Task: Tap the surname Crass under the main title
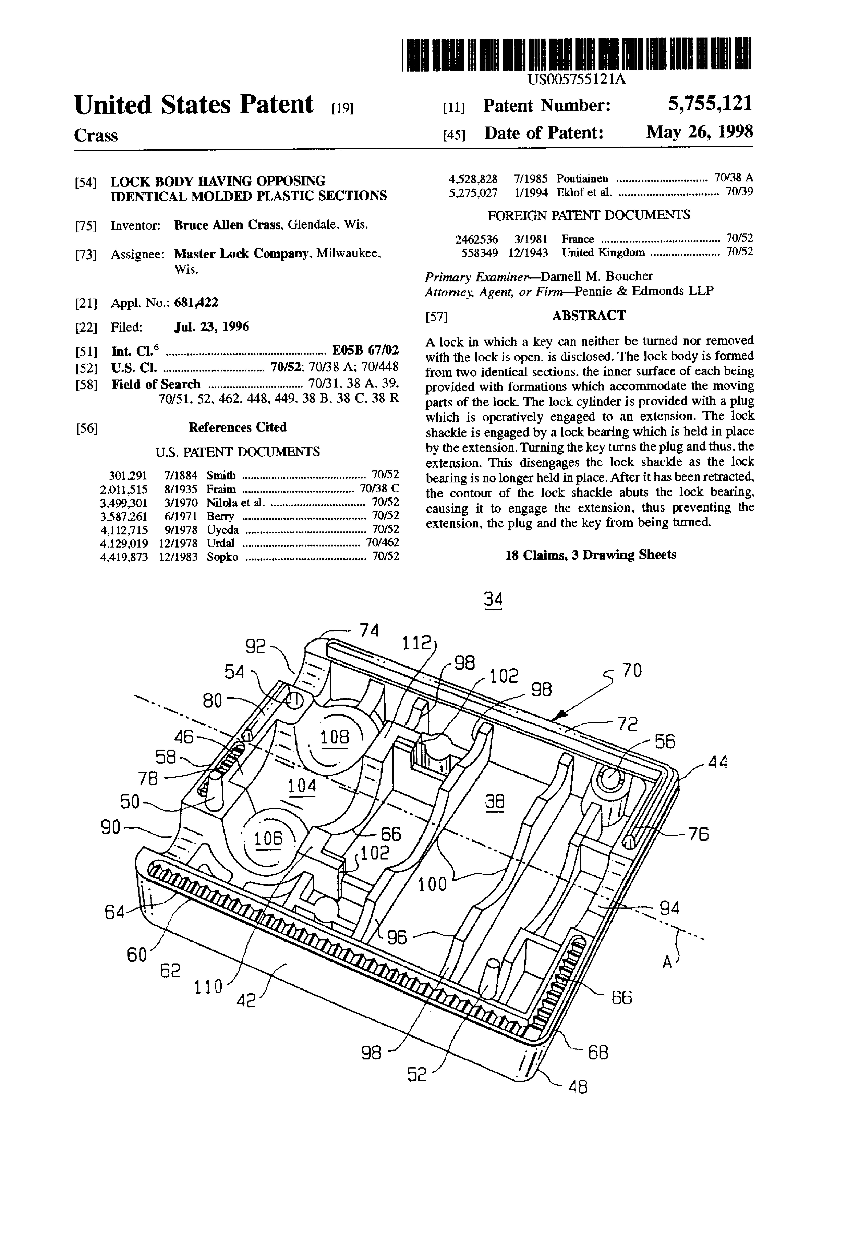[96, 135]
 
